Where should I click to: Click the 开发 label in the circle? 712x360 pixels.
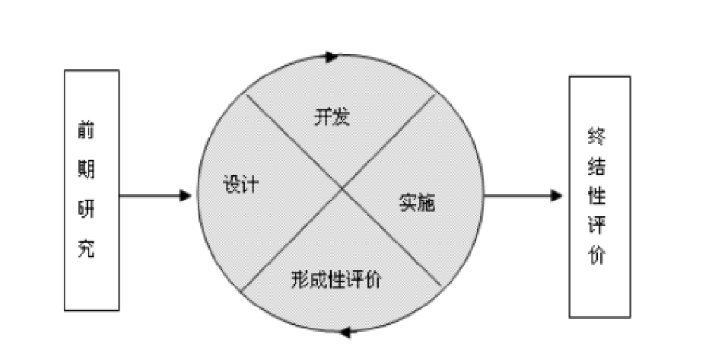pyautogui.click(x=332, y=118)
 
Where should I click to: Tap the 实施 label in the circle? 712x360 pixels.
pyautogui.click(x=418, y=203)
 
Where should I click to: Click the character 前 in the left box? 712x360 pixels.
pyautogui.click(x=87, y=129)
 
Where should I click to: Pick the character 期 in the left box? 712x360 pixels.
pyautogui.click(x=87, y=168)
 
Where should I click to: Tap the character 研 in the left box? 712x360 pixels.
pyautogui.click(x=87, y=209)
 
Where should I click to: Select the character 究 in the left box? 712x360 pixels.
pyautogui.click(x=87, y=248)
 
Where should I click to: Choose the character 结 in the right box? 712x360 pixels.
pyautogui.click(x=597, y=166)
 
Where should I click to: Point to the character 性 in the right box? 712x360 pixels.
pyautogui.click(x=597, y=196)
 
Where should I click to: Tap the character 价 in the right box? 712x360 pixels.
pyautogui.click(x=597, y=256)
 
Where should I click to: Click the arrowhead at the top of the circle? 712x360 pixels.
pyautogui.click(x=332, y=56)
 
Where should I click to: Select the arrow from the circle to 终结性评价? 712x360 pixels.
pyautogui.click(x=522, y=196)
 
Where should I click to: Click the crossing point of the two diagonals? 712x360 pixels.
pyautogui.click(x=342, y=190)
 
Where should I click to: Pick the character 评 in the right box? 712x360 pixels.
pyautogui.click(x=597, y=227)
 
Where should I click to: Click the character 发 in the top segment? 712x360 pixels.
pyautogui.click(x=341, y=118)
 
